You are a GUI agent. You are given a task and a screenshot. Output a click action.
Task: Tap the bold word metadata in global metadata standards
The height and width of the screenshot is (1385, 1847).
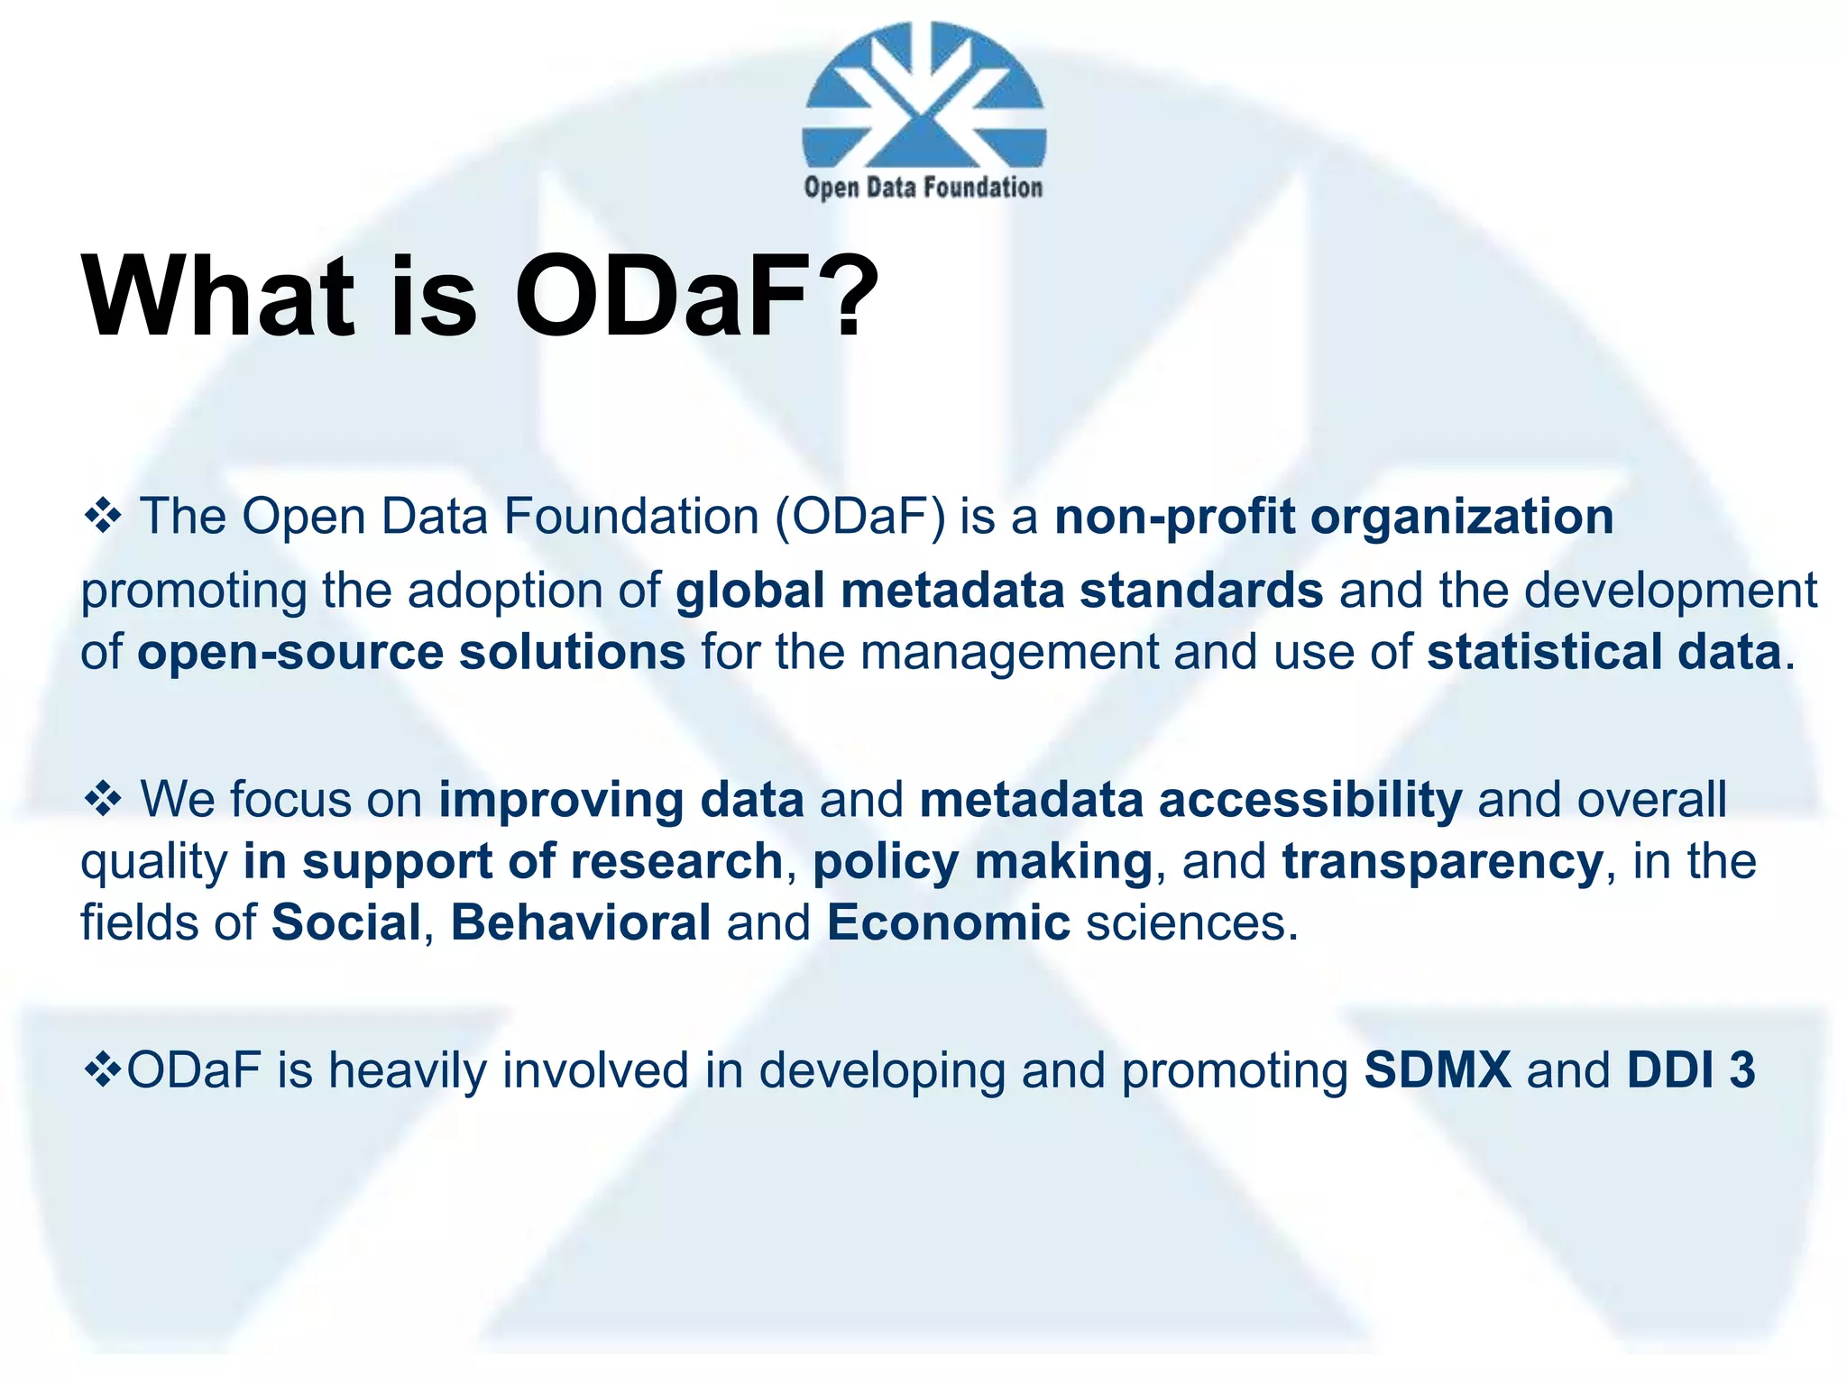coord(952,591)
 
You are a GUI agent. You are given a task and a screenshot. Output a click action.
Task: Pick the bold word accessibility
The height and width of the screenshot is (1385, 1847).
coord(1309,799)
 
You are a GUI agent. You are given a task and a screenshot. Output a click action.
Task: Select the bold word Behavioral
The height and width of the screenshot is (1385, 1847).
coord(581,922)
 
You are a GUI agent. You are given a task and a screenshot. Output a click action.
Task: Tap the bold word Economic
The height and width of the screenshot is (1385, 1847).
coord(948,922)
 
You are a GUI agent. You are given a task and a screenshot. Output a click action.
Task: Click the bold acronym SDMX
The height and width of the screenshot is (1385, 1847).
coord(1438,1070)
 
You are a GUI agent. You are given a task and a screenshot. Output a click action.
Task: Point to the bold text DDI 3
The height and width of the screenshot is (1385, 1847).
coord(1691,1070)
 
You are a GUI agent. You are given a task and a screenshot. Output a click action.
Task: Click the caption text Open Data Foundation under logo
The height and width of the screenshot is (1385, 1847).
coord(923,188)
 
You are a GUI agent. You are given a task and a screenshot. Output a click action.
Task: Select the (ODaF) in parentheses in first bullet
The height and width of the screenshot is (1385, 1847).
coord(861,517)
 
